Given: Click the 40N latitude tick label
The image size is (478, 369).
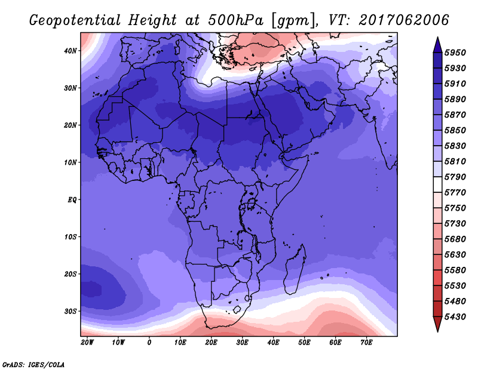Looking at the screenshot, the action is tap(70, 51).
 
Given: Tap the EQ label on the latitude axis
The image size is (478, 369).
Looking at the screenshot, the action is tap(72, 200).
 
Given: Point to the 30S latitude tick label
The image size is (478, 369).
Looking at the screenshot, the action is tap(71, 312).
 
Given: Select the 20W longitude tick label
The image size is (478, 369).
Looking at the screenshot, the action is tap(87, 343).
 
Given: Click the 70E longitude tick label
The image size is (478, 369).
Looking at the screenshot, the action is tap(366, 343).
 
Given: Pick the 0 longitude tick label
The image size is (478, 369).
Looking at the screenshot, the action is tap(149, 343).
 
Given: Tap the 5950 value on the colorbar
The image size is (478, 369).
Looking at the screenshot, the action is tap(455, 53).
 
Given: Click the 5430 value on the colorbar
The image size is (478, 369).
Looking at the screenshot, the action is tap(455, 317).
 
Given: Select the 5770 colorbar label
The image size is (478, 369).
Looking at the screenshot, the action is tap(455, 193).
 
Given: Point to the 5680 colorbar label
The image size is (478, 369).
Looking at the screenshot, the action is tap(455, 239).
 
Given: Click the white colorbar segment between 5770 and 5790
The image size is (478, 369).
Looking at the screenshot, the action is tap(437, 184).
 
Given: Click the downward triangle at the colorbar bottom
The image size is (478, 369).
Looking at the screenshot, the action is tap(437, 324).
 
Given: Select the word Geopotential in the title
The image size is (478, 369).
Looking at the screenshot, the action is tap(75, 20).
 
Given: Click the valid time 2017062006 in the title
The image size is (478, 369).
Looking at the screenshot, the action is tap(404, 20).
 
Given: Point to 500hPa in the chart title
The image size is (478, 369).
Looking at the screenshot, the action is tap(235, 20).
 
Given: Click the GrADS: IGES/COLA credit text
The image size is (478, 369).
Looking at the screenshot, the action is tap(33, 365).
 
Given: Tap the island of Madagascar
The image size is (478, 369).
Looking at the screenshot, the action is tap(294, 270).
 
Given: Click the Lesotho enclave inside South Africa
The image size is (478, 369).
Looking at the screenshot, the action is tap(237, 310).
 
